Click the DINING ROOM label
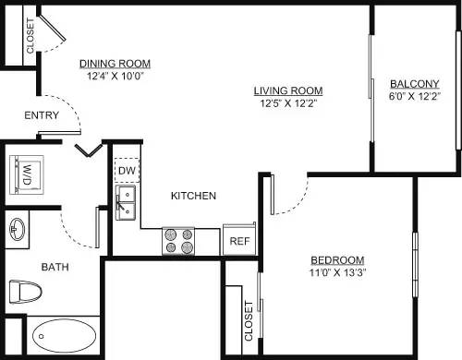tap(115, 64)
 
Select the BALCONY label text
tap(413, 82)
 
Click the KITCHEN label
tap(193, 196)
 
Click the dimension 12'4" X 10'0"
tap(115, 77)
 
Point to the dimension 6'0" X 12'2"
tap(413, 96)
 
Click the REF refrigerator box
tap(239, 240)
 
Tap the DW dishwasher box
tap(126, 172)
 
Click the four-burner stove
tap(179, 241)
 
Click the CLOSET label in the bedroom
tap(248, 320)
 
